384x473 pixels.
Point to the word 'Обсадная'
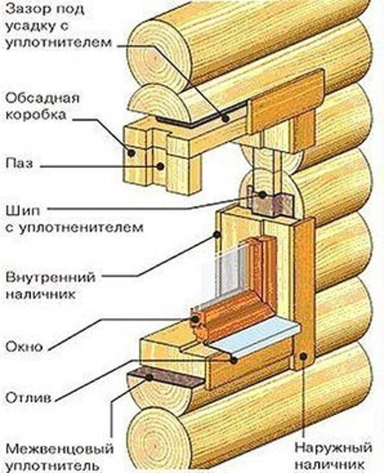(43, 99)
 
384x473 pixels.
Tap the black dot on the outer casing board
(303, 356)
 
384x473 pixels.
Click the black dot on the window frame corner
(196, 319)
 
